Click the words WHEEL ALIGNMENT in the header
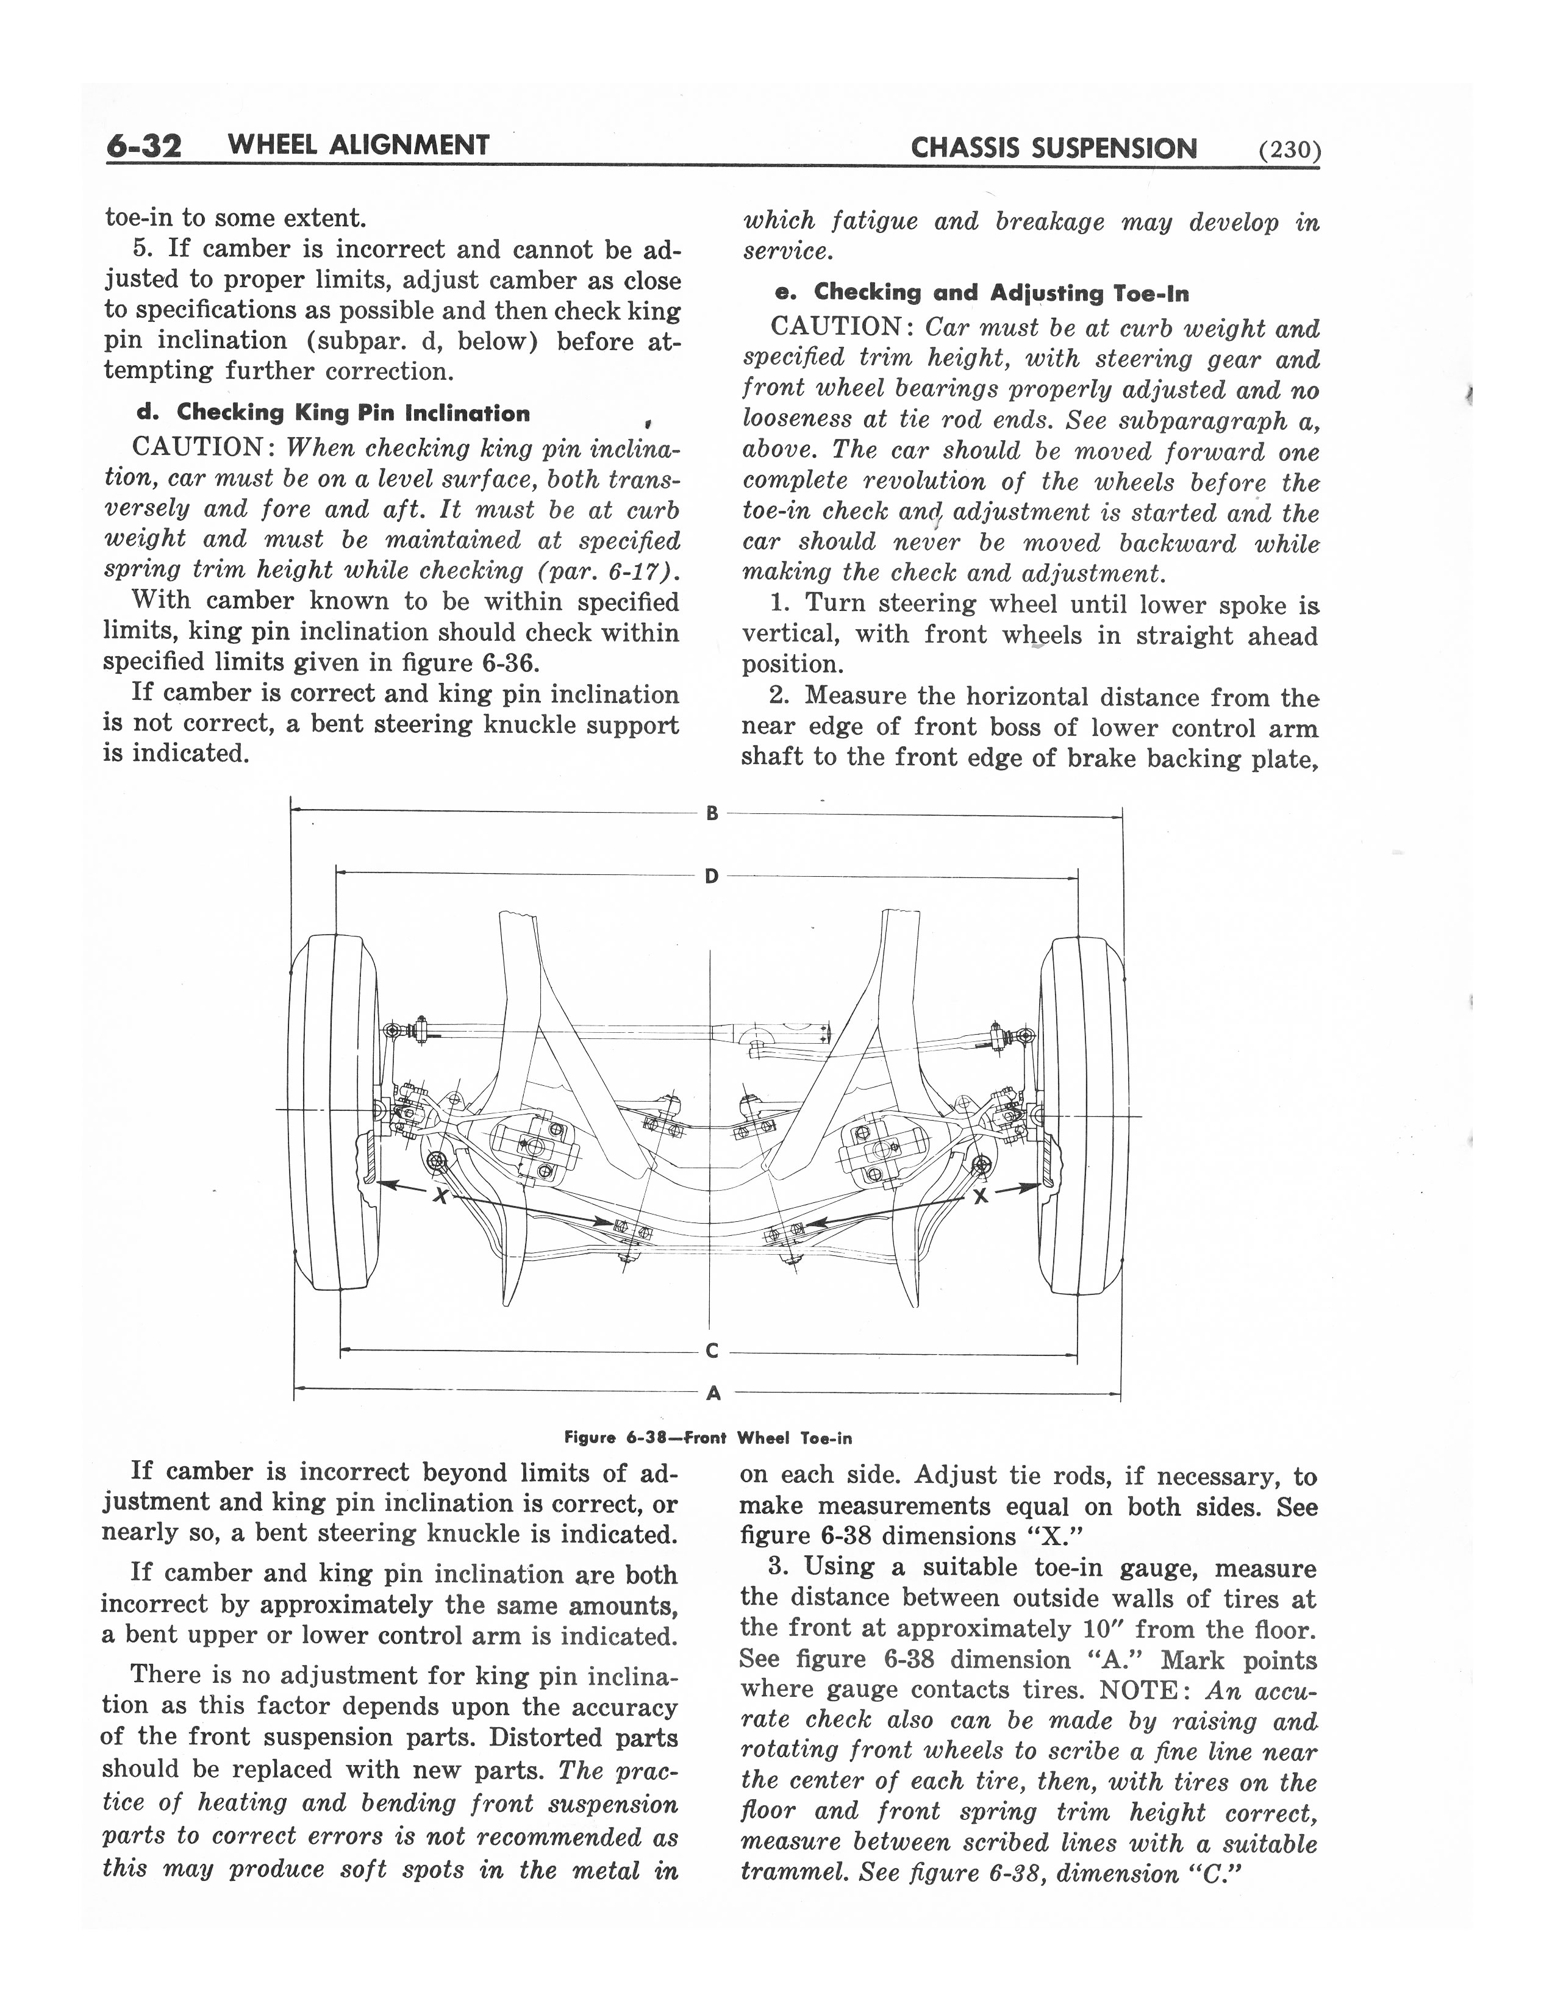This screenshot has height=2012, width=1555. pos(357,146)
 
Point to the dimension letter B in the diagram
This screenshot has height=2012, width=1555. pos(711,813)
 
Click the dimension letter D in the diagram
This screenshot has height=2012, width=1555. pos(711,876)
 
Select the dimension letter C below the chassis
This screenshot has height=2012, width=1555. pos(711,1352)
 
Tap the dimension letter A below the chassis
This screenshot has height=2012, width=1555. pos(712,1394)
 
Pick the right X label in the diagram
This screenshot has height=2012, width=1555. pos(980,1196)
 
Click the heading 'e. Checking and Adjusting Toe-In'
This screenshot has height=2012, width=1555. pos(982,294)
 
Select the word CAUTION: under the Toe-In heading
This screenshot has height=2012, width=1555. pos(840,327)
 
